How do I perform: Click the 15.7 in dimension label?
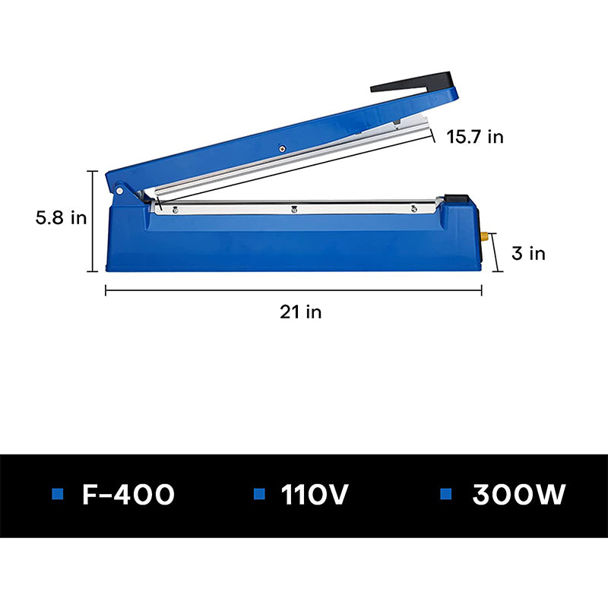[x=474, y=137]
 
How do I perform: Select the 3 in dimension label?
[x=527, y=253]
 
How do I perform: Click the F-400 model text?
[x=128, y=495]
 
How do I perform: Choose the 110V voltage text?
[x=315, y=495]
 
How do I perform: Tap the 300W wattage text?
[x=519, y=495]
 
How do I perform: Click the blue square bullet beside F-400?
[x=57, y=495]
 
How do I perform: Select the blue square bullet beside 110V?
[x=259, y=495]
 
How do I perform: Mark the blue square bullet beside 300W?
[x=447, y=495]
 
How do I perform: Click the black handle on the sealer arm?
[x=414, y=82]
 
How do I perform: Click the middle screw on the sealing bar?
[x=294, y=209]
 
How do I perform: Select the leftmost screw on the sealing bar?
[x=174, y=209]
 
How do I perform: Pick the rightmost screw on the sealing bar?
[x=413, y=208]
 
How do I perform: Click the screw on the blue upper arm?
[x=282, y=149]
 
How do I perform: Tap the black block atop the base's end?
[x=457, y=199]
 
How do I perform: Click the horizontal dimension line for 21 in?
[x=293, y=289]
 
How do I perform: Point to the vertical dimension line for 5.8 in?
[x=94, y=221]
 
